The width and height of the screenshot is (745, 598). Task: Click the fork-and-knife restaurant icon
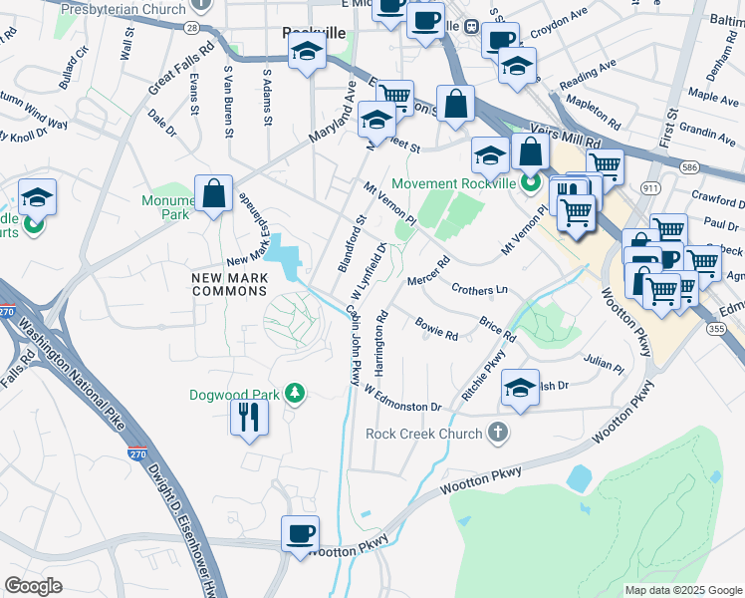(249, 416)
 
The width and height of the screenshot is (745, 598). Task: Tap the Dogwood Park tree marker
(294, 395)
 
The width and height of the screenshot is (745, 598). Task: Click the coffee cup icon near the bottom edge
(300, 535)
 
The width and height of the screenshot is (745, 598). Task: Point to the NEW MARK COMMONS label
(230, 282)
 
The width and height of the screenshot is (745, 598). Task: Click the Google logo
(34, 585)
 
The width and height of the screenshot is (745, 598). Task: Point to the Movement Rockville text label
(454, 183)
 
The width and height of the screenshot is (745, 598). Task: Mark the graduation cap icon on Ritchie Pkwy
(520, 389)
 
